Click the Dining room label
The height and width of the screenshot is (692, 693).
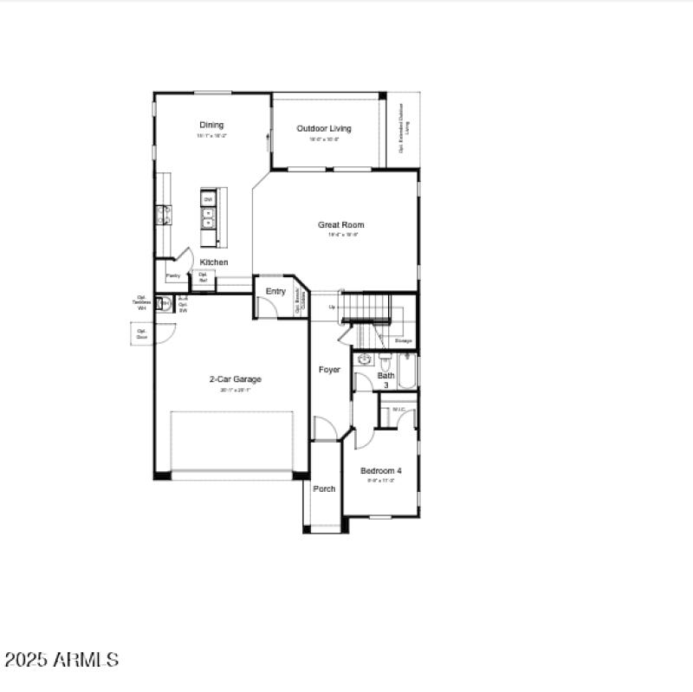coord(211,125)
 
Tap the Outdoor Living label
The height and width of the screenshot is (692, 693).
coord(324,129)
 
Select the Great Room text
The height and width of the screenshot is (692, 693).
coord(340,225)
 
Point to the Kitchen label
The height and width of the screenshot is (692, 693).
coord(214,262)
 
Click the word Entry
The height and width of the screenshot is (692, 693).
coord(275,292)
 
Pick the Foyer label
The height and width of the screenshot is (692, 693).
coord(329,370)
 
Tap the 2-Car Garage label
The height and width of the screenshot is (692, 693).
coord(235,379)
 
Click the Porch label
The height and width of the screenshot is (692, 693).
coord(324,489)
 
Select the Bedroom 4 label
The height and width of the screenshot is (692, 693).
coord(381,471)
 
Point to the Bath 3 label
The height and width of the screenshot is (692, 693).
coord(385,379)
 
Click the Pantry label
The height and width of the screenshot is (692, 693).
coord(173,276)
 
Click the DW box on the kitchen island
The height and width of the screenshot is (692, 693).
coord(208,199)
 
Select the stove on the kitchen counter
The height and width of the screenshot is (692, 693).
coord(162,215)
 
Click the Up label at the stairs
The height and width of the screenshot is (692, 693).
coord(332,307)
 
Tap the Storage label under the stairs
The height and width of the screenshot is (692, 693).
coord(404,341)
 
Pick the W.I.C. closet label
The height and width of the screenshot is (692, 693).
coord(398,410)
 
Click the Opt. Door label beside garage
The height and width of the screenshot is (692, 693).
coord(142,333)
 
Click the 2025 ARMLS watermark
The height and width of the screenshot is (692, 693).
coord(61,660)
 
